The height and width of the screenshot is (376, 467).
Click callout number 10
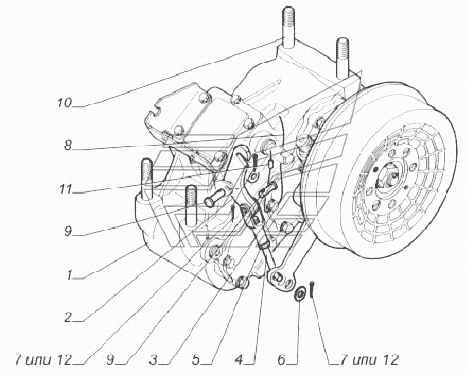[64, 104]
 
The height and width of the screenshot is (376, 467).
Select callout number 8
[68, 146]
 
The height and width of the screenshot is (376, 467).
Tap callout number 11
[65, 189]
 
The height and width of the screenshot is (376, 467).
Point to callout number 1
[69, 275]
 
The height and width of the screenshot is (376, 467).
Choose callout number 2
[68, 317]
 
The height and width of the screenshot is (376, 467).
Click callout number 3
[153, 360]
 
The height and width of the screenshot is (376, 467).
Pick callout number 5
[196, 360]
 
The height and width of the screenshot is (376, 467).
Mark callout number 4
[239, 360]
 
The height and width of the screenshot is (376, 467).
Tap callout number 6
[282, 360]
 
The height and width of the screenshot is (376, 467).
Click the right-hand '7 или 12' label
[369, 360]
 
